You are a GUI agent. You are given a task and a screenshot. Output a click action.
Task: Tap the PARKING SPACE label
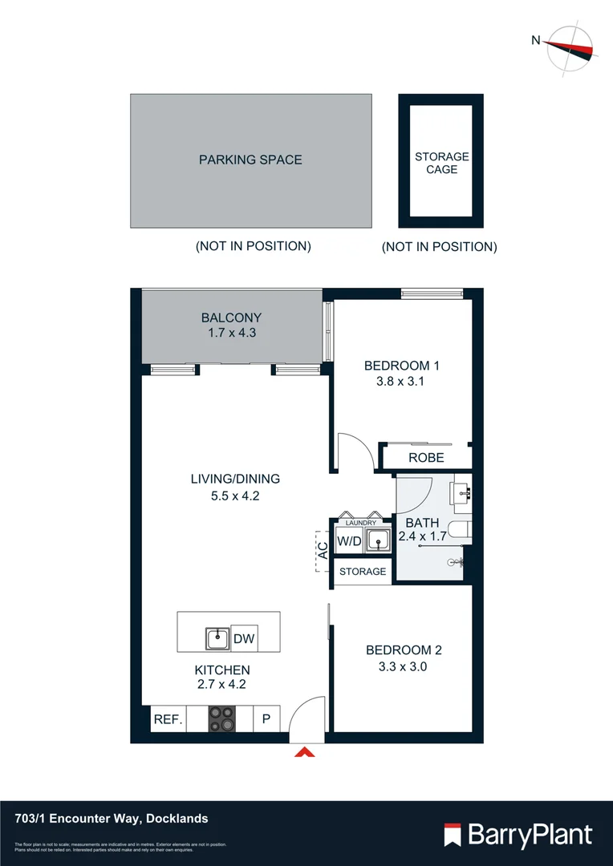pos(250,160)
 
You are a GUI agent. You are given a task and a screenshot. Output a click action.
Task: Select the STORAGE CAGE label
pos(441,163)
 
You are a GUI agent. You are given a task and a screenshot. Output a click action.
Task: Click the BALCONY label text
pos(231,318)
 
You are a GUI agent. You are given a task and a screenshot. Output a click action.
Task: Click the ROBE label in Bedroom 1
pos(426,458)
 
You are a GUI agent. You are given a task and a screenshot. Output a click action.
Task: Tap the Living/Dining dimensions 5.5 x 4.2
pos(234,496)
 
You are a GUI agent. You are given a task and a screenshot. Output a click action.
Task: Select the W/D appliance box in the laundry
pos(349,541)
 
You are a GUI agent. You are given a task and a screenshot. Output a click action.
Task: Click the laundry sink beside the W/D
pos(376,542)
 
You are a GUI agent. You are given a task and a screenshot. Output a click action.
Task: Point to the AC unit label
pos(322,551)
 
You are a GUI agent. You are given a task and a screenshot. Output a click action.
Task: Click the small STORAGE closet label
pos(363,572)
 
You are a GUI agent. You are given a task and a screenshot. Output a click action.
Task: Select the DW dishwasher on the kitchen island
pos(244,639)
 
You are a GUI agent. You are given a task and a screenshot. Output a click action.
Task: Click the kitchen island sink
pos(217,639)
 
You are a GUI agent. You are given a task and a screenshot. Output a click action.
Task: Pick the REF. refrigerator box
pos(168,719)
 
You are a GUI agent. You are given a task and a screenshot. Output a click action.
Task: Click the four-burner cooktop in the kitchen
pos(222,718)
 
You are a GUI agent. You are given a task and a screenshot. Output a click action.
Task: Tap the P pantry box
pos(266,719)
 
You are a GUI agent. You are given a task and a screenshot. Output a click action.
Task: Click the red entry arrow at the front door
pos(306,752)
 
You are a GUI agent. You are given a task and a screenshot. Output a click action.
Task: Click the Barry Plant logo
pos(518,835)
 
